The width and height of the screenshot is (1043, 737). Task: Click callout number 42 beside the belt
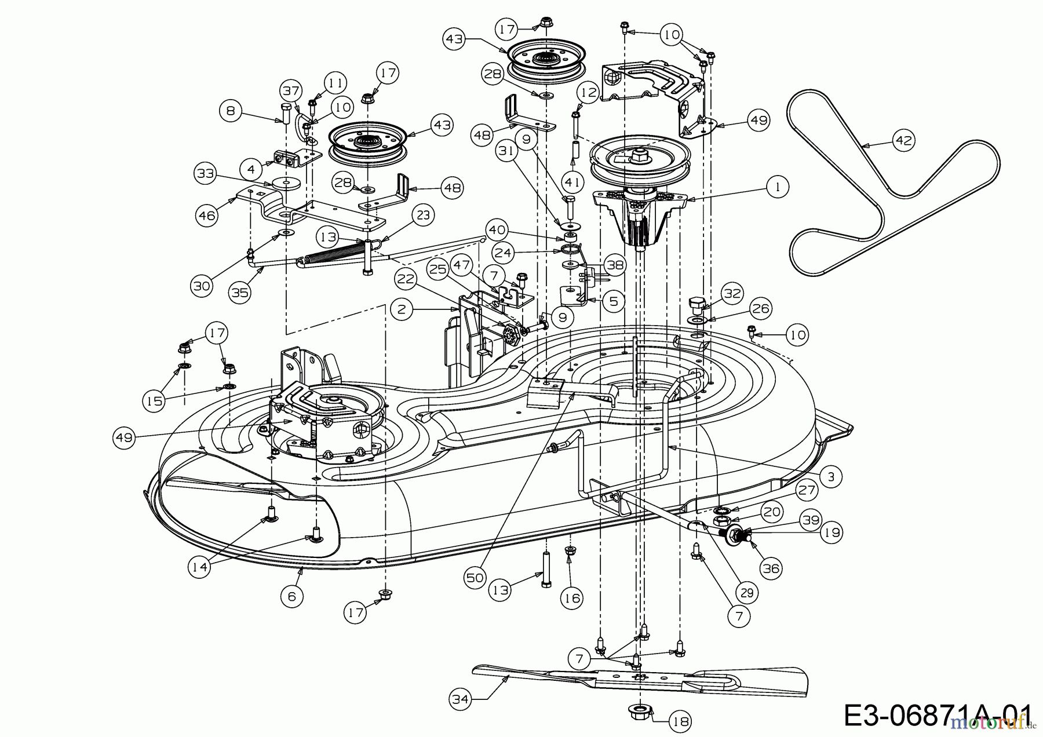[x=904, y=140]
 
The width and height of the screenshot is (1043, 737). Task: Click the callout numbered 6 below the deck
[x=291, y=596]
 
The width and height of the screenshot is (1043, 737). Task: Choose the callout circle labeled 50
[x=475, y=578]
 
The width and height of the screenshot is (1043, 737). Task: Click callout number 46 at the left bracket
[x=206, y=216]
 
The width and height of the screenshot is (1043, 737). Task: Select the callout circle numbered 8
[x=231, y=111]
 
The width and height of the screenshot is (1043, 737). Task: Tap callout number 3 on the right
[x=831, y=477]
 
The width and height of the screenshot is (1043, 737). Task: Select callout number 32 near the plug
[x=732, y=294]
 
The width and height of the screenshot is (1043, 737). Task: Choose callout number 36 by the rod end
[x=771, y=569]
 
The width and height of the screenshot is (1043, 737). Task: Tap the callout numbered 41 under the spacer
[x=572, y=183]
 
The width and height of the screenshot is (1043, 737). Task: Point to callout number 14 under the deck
[x=199, y=567]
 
